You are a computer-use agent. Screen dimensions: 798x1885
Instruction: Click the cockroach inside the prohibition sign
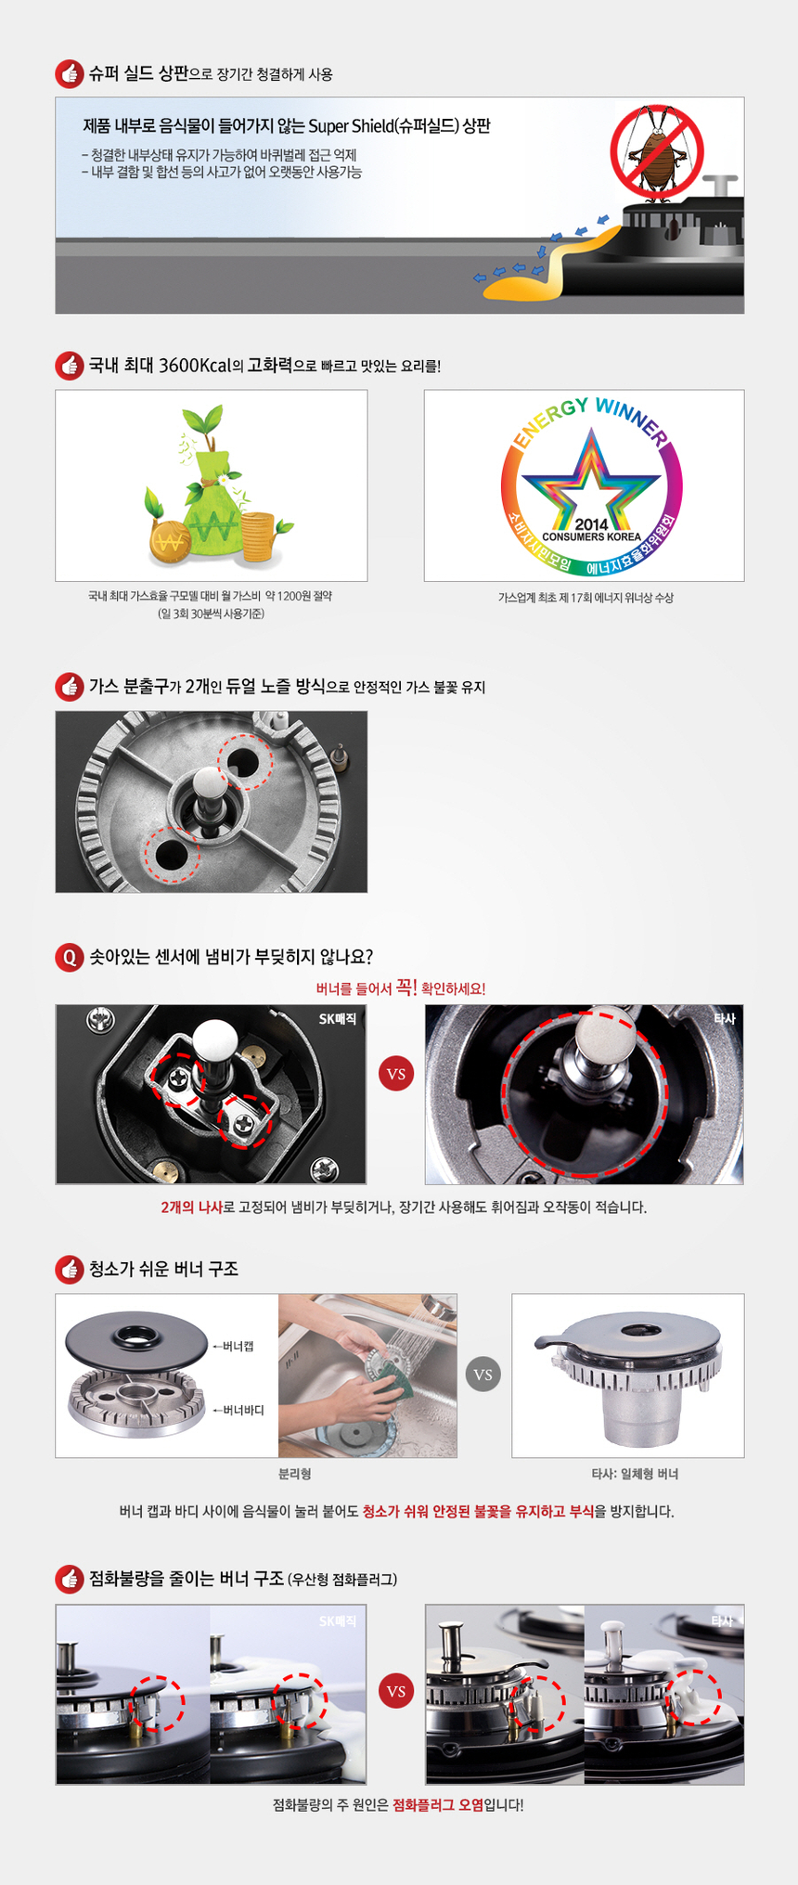[x=657, y=150]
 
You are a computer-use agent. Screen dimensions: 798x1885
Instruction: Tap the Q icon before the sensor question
[x=70, y=957]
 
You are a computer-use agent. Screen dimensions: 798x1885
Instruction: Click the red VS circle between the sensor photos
[x=396, y=1074]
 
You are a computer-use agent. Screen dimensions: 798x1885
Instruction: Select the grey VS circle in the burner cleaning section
[x=483, y=1375]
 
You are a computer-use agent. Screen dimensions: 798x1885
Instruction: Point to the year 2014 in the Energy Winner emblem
[x=591, y=524]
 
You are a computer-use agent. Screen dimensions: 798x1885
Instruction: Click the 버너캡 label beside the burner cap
[x=238, y=1346]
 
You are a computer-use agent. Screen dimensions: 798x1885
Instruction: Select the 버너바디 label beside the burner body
[x=243, y=1410]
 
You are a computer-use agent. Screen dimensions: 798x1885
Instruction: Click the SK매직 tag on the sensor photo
[x=338, y=1019]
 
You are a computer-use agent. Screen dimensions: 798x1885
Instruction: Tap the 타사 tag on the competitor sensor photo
[x=725, y=1019]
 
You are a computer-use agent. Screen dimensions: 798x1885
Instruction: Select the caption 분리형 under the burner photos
[x=295, y=1474]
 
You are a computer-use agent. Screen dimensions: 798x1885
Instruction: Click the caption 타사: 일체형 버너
[x=635, y=1474]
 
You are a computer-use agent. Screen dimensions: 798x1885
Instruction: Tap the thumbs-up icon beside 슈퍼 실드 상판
[x=70, y=74]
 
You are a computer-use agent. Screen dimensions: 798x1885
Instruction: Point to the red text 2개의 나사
[x=191, y=1207]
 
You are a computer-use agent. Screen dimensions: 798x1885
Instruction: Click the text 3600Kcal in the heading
[x=194, y=366]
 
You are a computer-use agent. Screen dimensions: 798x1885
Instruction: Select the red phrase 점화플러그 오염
[x=438, y=1805]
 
